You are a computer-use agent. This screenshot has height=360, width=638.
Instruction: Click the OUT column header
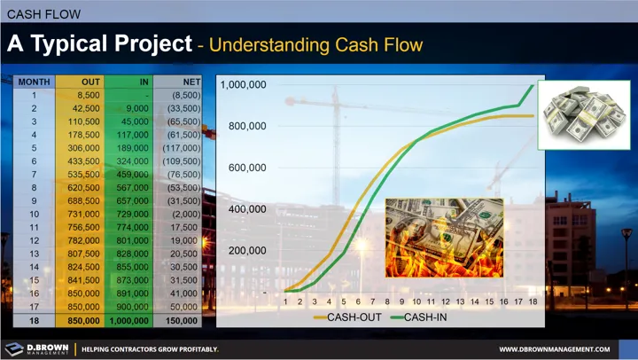point(78,82)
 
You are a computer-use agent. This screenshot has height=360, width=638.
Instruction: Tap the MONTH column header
point(33,82)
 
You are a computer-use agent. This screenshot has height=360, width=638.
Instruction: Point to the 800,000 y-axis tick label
point(247,126)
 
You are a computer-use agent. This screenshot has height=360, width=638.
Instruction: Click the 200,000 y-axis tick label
point(247,251)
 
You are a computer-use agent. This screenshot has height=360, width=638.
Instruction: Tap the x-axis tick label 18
point(533,301)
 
